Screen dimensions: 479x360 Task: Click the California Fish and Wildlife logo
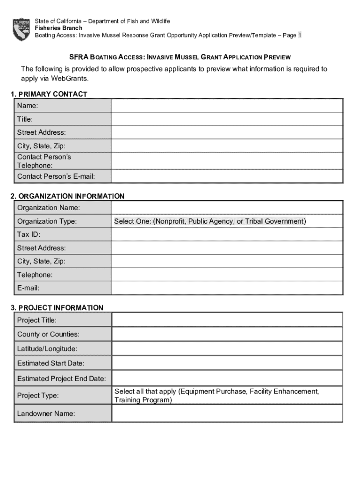[x=21, y=29]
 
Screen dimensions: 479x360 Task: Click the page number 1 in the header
[x=300, y=35]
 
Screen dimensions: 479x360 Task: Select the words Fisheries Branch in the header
[x=58, y=28]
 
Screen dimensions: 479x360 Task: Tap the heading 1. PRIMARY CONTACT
[x=49, y=94]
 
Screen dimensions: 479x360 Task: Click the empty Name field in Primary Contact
[x=227, y=106]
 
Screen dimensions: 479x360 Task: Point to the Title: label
[x=25, y=119]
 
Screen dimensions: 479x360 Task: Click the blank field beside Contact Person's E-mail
[x=227, y=176]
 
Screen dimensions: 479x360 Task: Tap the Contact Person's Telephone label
[x=44, y=161]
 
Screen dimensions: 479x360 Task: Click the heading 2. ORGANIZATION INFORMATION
[x=67, y=196]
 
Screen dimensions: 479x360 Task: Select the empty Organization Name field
[x=227, y=207]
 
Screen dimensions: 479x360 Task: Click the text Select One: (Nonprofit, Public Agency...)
[x=210, y=221]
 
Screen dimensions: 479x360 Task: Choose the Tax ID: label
[x=29, y=234]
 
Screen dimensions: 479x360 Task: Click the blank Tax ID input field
[x=227, y=234]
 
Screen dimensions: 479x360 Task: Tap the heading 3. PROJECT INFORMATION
[x=57, y=307]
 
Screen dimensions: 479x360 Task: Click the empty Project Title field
[x=227, y=320]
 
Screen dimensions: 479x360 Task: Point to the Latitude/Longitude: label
[x=47, y=348]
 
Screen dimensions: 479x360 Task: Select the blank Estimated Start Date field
[x=227, y=363]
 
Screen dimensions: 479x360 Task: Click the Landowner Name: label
[x=46, y=414]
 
